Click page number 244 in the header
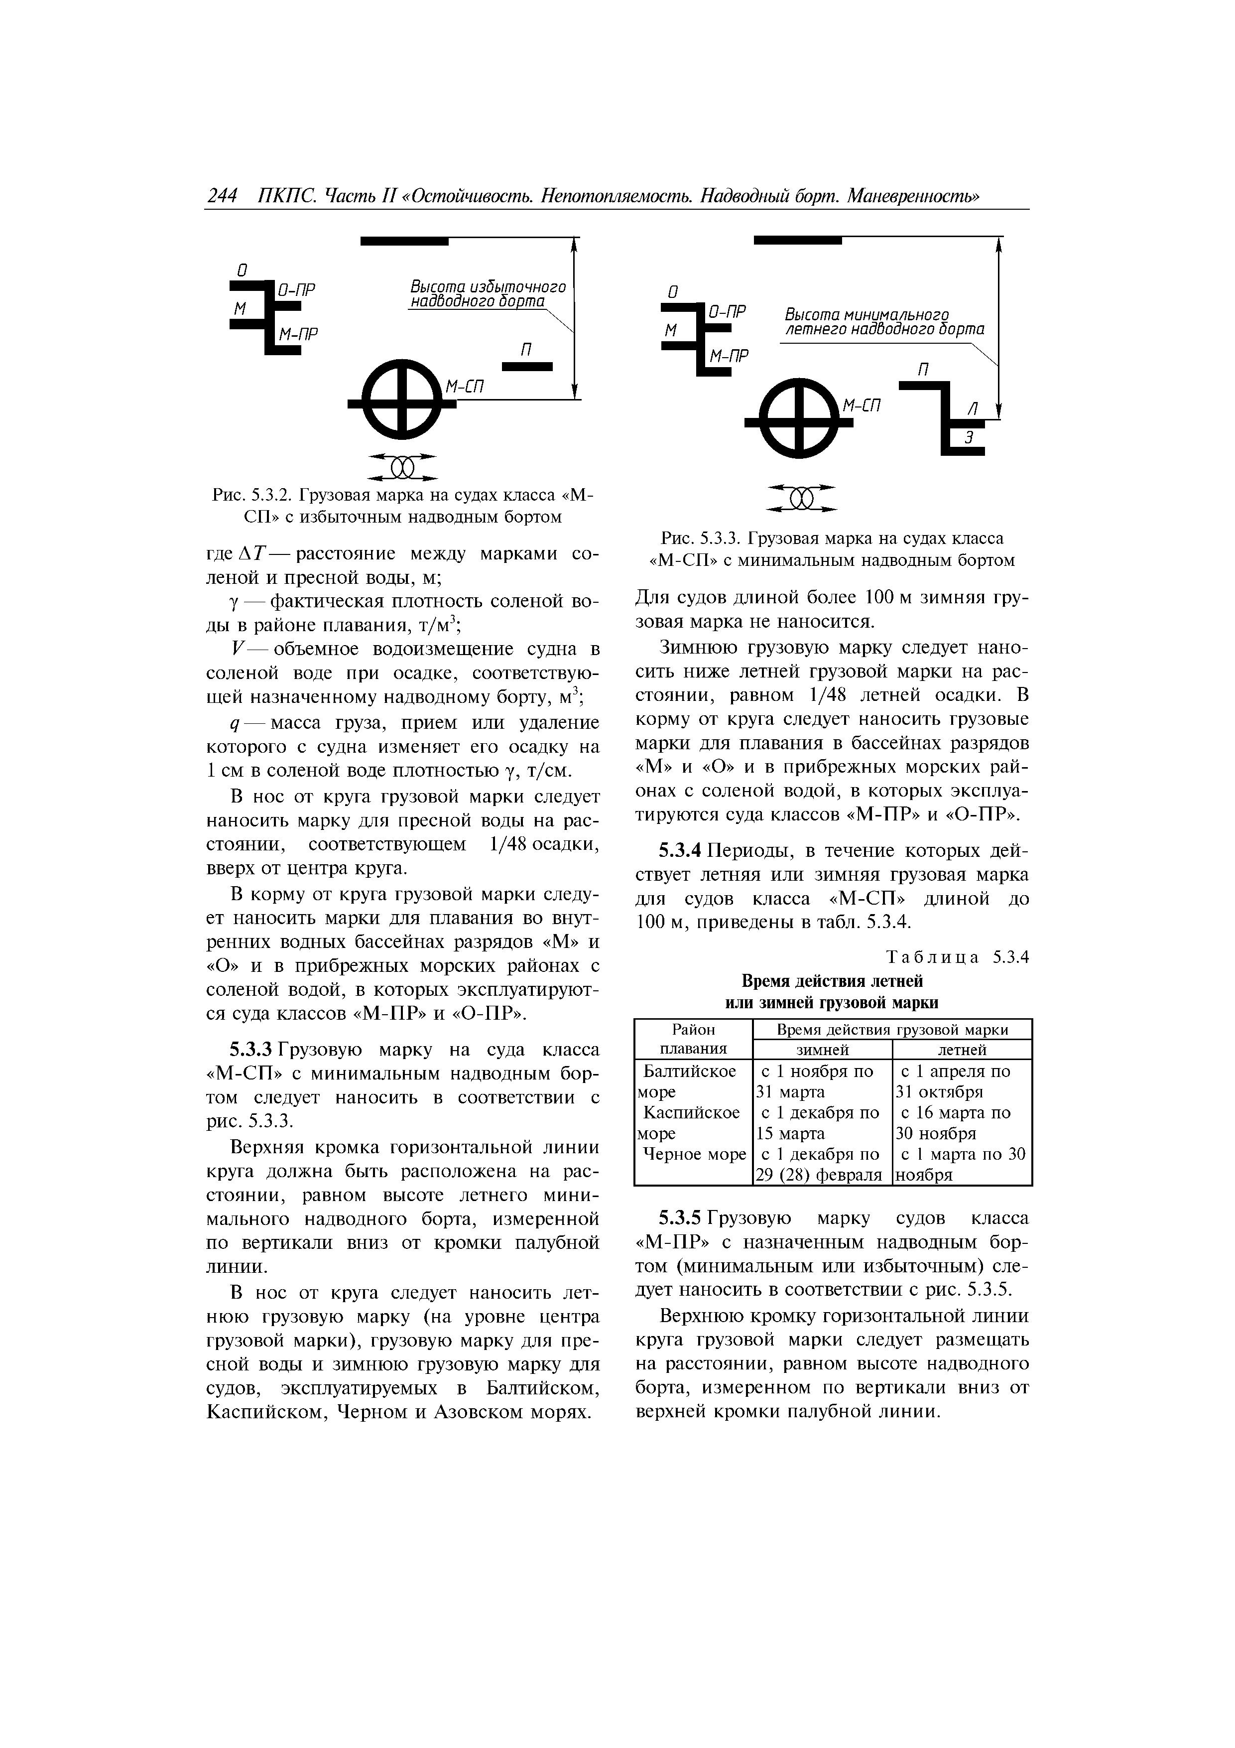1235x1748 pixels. point(222,196)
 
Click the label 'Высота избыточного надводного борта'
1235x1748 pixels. point(488,294)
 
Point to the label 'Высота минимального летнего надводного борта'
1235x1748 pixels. point(884,322)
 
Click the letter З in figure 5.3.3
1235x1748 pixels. point(969,437)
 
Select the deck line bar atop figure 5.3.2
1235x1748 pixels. point(404,241)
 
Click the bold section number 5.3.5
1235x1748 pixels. point(681,1219)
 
